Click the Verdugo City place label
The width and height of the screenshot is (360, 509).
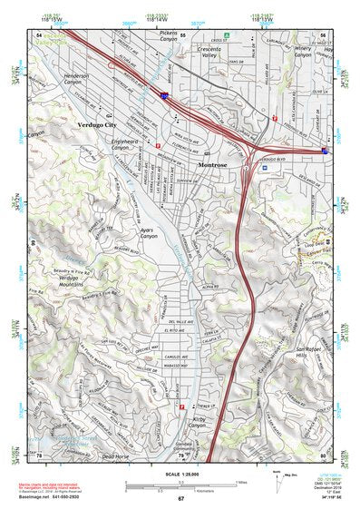(98, 122)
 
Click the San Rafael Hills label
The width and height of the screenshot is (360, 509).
(310, 354)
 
